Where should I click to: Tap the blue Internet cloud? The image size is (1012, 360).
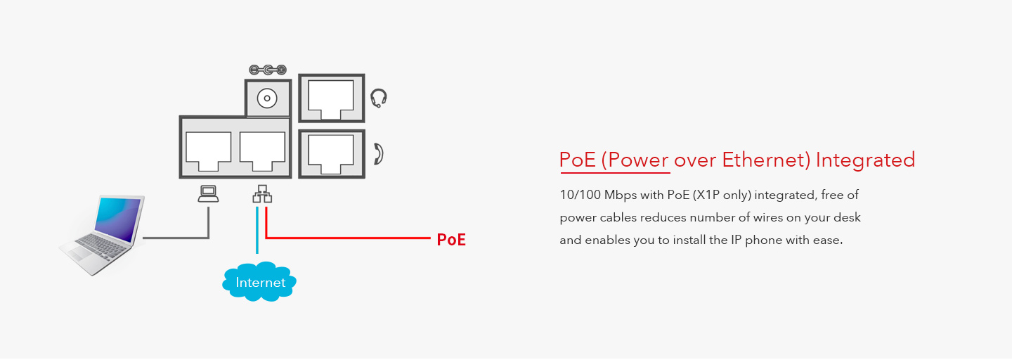[260, 282]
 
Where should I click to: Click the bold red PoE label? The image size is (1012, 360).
[451, 240]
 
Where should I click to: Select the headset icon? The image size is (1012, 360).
[379, 98]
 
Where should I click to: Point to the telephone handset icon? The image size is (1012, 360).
[379, 153]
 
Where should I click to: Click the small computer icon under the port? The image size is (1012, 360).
[208, 194]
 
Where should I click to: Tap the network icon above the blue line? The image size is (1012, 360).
[262, 195]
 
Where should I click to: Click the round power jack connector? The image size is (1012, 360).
[267, 98]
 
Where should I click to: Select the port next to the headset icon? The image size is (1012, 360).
[332, 98]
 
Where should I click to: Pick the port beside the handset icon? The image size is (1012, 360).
[332, 153]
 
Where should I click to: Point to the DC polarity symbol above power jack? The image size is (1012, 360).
[268, 70]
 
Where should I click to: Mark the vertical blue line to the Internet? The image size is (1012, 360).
[257, 232]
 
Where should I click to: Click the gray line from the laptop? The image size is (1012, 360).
[176, 238]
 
